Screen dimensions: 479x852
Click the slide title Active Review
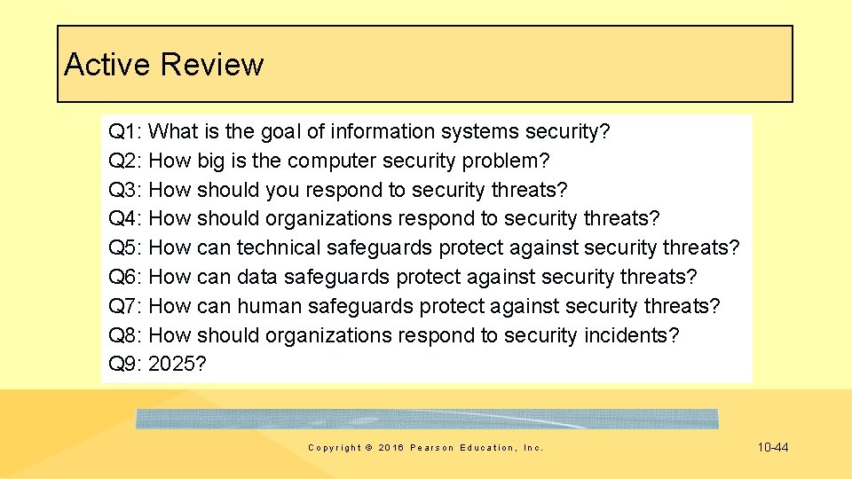click(x=164, y=65)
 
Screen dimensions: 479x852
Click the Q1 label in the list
click(x=124, y=132)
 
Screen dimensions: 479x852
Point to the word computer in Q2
click(x=332, y=161)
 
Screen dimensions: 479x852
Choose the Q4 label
click(x=124, y=219)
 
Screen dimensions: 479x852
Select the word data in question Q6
click(x=256, y=278)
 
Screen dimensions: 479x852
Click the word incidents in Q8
click(x=630, y=336)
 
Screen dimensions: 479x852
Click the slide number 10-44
click(x=772, y=447)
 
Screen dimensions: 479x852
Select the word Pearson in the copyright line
click(x=432, y=448)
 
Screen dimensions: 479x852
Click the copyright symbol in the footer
click(x=369, y=448)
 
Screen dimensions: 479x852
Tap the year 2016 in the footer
click(x=390, y=448)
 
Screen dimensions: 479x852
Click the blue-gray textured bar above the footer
click(x=427, y=419)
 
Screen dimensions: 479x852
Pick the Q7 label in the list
click(x=124, y=307)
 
